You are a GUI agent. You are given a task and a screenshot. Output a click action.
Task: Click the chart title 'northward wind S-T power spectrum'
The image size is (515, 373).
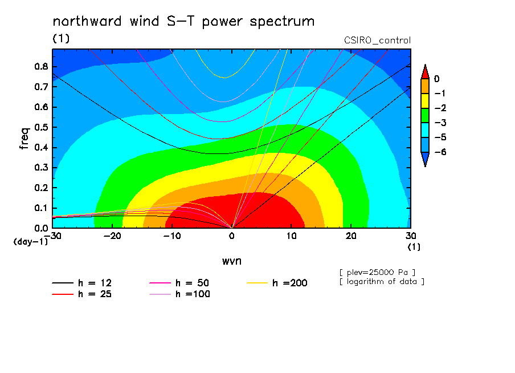(183, 21)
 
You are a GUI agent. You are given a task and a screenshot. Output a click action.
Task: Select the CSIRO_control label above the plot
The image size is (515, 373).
(377, 40)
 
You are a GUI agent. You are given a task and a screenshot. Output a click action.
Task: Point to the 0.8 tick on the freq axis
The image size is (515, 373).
(42, 66)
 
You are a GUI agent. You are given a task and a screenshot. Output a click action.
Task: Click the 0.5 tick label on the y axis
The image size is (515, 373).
(42, 127)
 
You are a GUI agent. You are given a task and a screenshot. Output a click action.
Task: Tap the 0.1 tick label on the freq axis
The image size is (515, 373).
(42, 208)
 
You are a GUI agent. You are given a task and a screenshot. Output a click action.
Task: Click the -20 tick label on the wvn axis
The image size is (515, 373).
(112, 236)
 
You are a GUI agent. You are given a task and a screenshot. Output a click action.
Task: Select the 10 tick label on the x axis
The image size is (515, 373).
(291, 236)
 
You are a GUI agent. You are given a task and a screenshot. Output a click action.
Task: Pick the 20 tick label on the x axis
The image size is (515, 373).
(351, 236)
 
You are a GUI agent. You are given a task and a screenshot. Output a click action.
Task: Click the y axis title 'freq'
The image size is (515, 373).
(24, 139)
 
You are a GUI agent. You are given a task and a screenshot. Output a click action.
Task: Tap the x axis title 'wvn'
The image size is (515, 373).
(232, 261)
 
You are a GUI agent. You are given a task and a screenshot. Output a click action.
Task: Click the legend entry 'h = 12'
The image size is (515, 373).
(82, 283)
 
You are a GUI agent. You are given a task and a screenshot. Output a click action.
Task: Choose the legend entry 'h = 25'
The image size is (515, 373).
(82, 294)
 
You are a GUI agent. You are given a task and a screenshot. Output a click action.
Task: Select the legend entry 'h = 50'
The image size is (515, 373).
(179, 283)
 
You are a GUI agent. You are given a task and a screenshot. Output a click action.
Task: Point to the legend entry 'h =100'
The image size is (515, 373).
(179, 294)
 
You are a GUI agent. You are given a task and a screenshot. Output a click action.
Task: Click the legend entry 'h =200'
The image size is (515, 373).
(277, 283)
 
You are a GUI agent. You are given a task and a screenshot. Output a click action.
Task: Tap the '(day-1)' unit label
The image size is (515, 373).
(31, 242)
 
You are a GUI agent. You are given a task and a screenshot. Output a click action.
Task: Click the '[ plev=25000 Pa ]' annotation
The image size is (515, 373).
(377, 273)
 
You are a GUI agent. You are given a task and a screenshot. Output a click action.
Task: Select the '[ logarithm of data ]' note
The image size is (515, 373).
(382, 282)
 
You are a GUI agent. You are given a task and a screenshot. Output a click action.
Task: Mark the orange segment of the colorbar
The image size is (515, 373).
(425, 86)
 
